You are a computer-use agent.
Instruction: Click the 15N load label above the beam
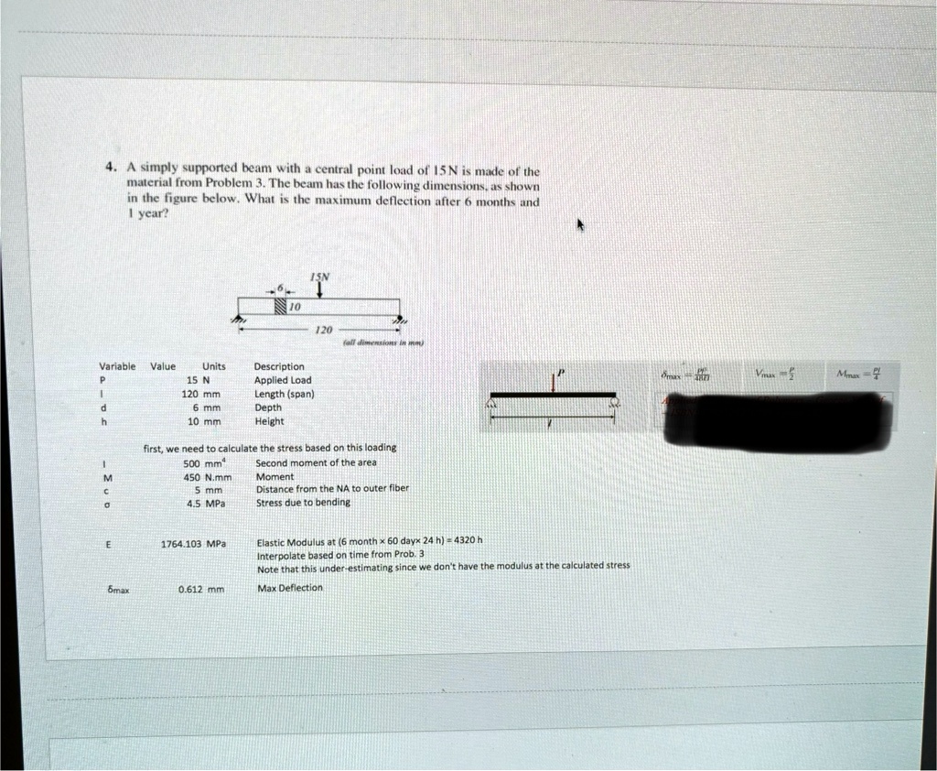(318, 276)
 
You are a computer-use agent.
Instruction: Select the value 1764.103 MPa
(192, 543)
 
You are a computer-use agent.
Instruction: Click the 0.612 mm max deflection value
(201, 589)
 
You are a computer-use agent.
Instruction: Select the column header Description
(279, 366)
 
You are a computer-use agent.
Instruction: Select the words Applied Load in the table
(283, 380)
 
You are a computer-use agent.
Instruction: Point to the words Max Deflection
(289, 588)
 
